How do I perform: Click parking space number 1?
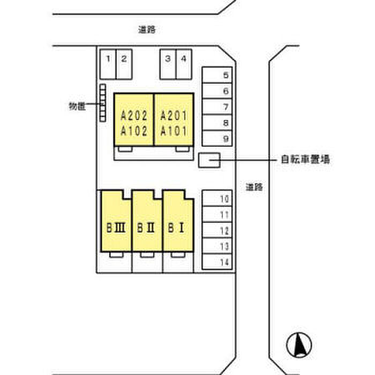[x=108, y=64]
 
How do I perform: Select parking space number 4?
[x=184, y=64]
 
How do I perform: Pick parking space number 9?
[x=218, y=138]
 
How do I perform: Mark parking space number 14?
[x=218, y=262]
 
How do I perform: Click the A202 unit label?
[x=134, y=115]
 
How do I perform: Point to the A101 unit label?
[x=174, y=131]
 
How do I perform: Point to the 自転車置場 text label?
[x=305, y=159]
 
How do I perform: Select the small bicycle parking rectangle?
[x=209, y=160]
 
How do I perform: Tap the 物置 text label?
[x=77, y=106]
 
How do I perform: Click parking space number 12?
[x=218, y=231]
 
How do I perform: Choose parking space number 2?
[x=124, y=64]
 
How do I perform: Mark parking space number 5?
[x=218, y=76]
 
